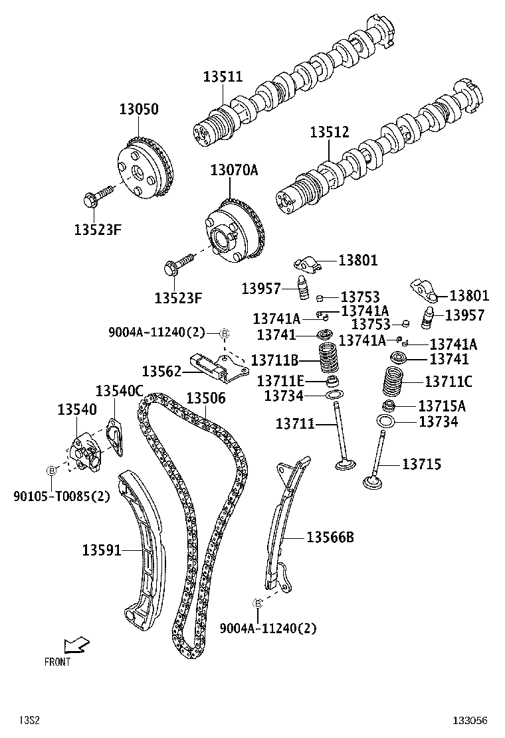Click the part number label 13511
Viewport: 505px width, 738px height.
pos(223,76)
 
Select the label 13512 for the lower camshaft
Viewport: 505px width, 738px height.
pos(329,132)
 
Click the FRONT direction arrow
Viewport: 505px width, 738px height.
pos(76,644)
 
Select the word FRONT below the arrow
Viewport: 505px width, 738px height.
pos(57,662)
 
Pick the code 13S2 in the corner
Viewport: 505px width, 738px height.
pos(30,720)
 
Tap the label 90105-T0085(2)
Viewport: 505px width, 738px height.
pos(61,495)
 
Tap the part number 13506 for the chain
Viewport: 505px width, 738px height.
pos(205,398)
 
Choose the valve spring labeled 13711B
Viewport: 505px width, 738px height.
pos(330,360)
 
